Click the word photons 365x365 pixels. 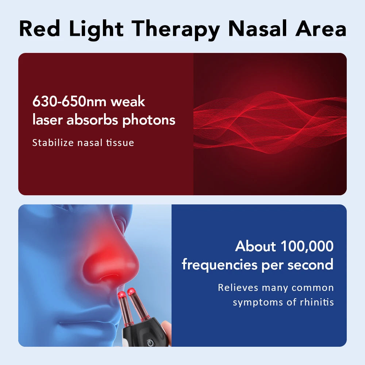point(149,120)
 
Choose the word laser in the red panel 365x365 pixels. point(47,120)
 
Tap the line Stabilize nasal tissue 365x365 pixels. point(83,142)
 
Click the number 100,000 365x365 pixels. point(307,246)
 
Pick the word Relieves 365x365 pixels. point(238,288)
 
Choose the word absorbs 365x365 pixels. point(93,120)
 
